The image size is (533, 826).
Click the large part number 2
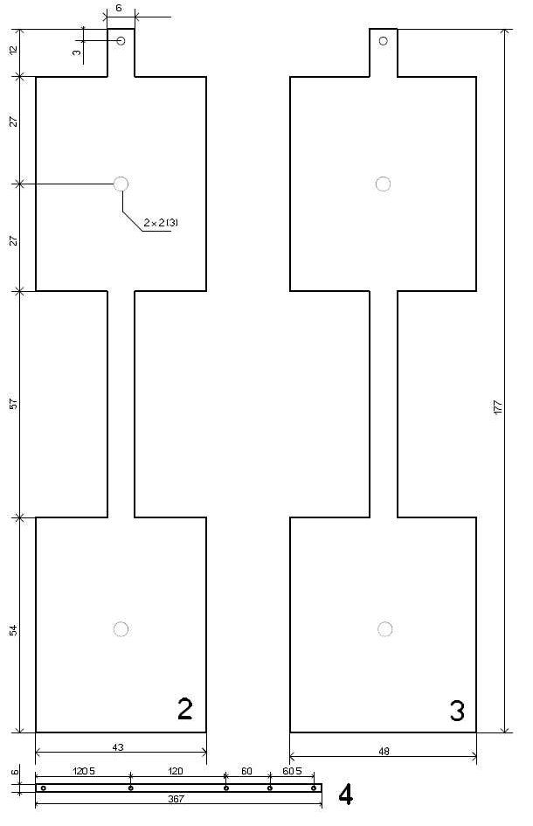pos(185,709)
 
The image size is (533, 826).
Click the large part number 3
pos(457,711)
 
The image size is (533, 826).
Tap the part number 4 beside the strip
pos(345,795)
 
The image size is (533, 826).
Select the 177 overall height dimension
pos(498,407)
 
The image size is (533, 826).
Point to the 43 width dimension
pos(118,747)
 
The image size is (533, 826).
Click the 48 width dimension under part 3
pos(384,751)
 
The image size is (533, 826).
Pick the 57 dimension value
pos(14,404)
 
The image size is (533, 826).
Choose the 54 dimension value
pos(14,630)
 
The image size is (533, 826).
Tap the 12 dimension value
pos(14,50)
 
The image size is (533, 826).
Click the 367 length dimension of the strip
pos(176,799)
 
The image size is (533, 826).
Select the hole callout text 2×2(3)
pos(161,223)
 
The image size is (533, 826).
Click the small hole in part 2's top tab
pos(121,40)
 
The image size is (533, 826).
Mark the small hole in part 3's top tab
pos(383,40)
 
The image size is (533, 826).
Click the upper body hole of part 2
pos(121,184)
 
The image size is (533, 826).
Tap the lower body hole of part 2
pos(121,629)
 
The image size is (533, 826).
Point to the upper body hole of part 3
pos(383,184)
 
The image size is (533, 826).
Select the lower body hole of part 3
pos(385,629)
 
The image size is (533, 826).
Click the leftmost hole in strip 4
pos(44,788)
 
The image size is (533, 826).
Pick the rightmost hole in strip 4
pos(314,788)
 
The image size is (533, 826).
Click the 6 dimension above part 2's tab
pos(119,9)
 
